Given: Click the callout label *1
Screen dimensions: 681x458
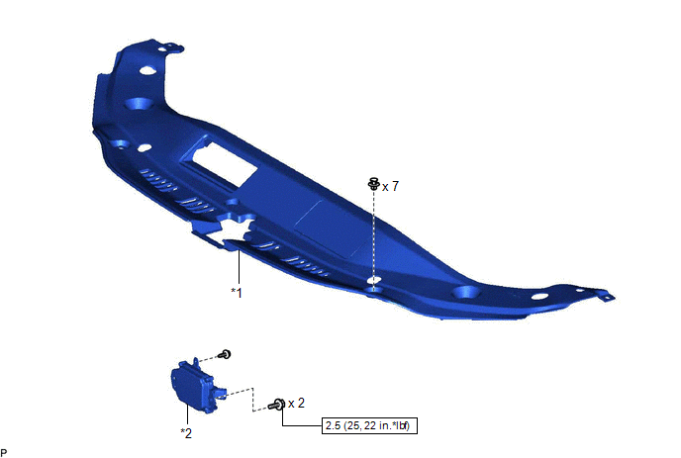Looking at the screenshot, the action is click(237, 292).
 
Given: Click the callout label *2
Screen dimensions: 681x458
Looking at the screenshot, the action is click(186, 433).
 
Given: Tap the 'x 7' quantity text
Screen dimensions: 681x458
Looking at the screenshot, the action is click(390, 186).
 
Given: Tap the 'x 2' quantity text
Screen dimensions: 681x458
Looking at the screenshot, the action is click(296, 404).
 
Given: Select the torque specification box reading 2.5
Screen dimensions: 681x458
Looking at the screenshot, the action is click(369, 425).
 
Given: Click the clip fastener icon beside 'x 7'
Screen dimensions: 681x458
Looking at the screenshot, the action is click(373, 184).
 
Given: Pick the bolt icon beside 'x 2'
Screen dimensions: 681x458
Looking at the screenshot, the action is click(277, 405).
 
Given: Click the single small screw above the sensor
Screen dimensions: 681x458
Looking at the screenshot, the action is click(225, 355).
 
